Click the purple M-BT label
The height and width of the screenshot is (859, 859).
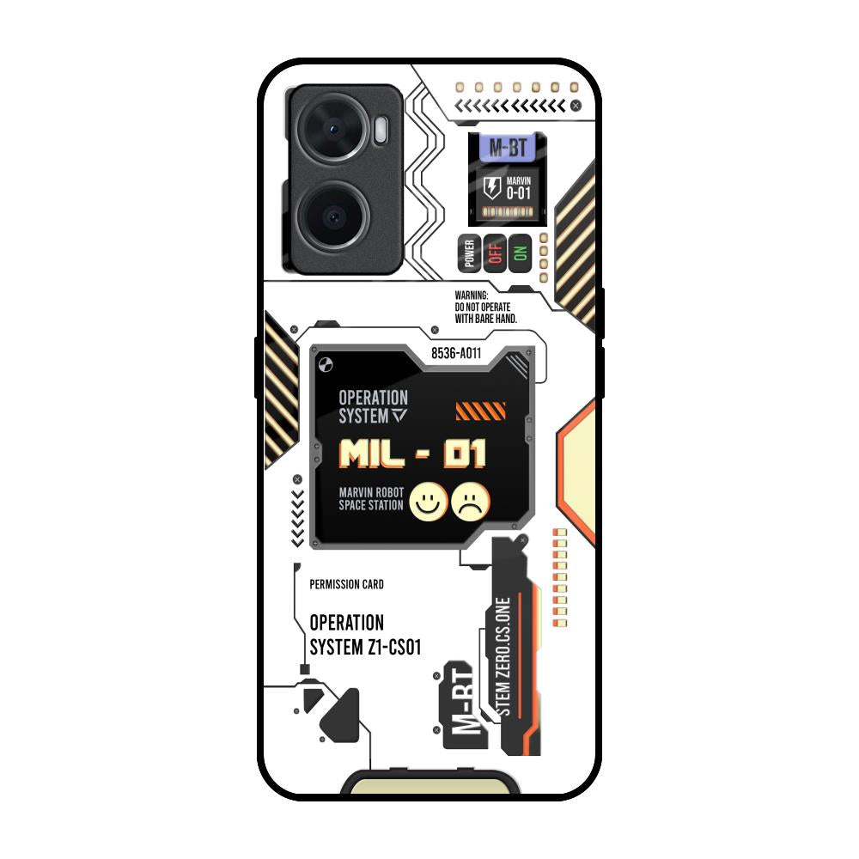coord(507,148)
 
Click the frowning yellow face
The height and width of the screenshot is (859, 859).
coord(471,502)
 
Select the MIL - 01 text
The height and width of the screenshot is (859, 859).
coord(412,453)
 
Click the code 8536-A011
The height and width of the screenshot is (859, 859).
coord(456,353)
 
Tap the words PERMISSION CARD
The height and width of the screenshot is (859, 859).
coord(346,584)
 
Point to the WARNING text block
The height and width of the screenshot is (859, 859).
coord(482,307)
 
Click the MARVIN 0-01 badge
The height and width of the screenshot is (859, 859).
coord(518,188)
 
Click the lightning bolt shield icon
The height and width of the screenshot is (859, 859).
coord(492,188)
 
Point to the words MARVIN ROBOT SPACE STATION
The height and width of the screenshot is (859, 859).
coord(371,499)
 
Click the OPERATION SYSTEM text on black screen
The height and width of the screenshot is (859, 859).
coord(373,406)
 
